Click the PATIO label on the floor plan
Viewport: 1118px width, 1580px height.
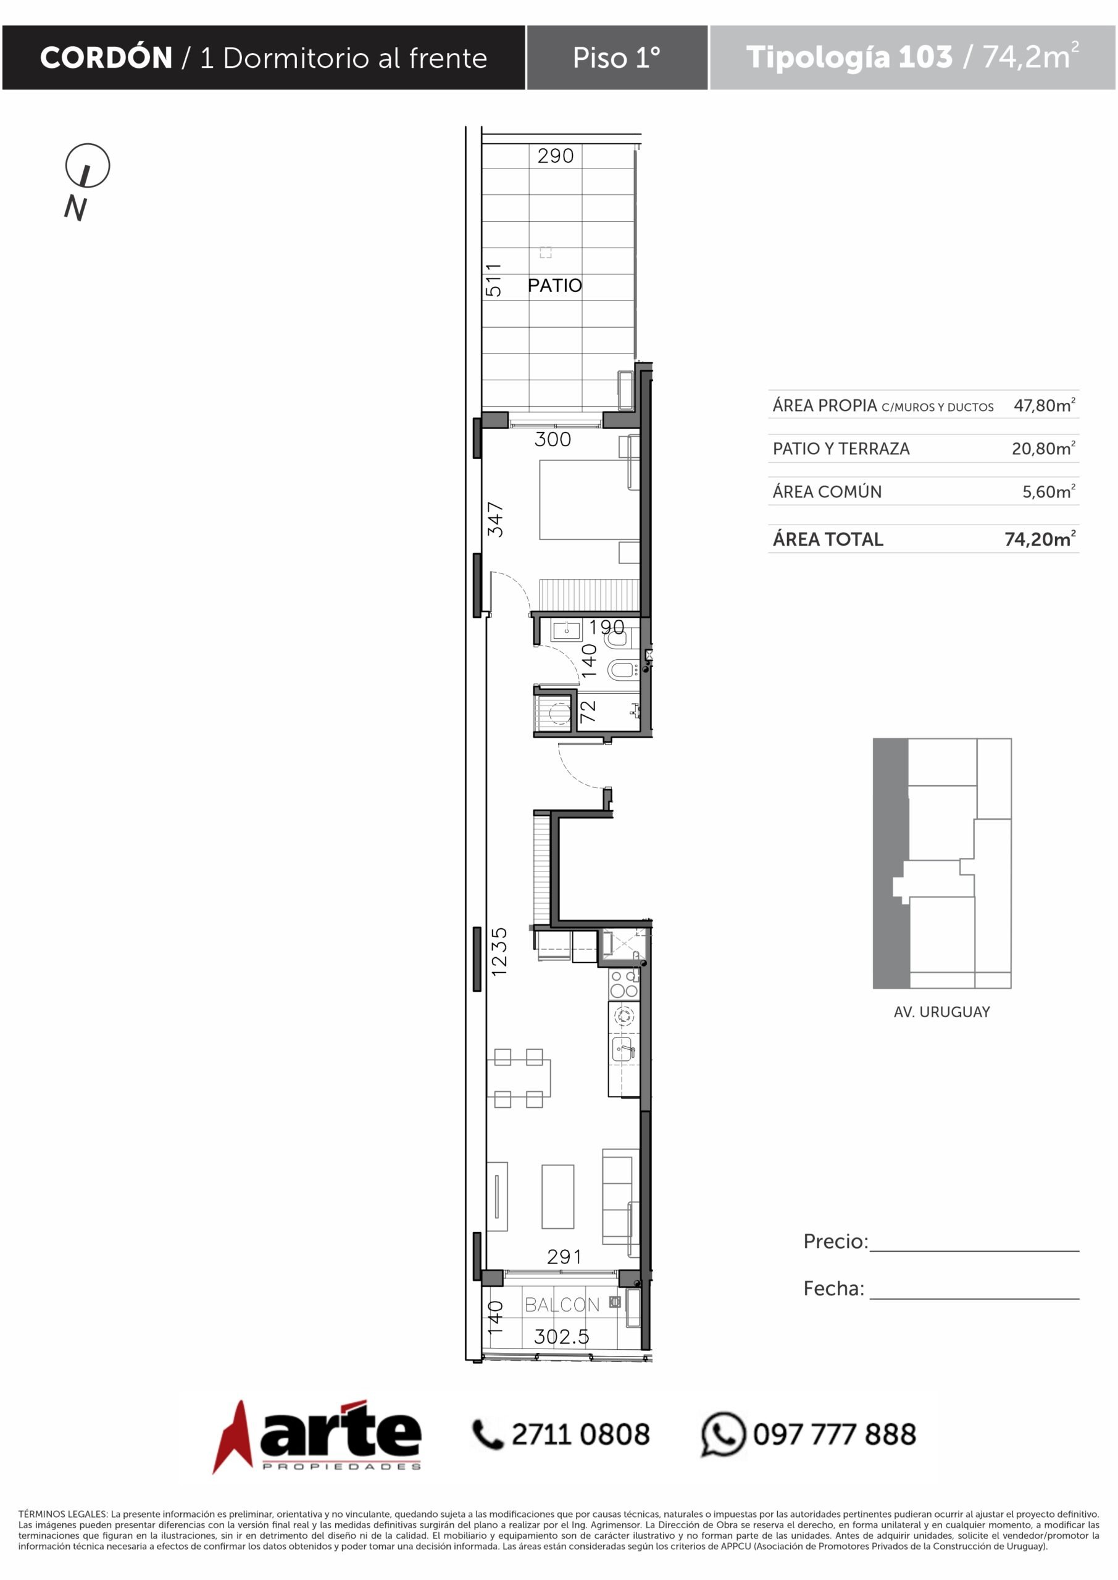pos(555,285)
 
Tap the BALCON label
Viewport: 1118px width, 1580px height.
pos(562,1305)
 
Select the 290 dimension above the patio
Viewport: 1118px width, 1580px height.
pos(556,156)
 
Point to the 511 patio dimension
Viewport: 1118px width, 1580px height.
pos(493,280)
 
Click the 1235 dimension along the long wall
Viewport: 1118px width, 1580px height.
pos(499,952)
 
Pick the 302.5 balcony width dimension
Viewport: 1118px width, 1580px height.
pos(562,1336)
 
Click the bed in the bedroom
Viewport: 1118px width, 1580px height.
pos(590,499)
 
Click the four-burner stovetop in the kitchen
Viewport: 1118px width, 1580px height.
pos(624,984)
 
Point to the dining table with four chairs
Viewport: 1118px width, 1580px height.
pos(519,1078)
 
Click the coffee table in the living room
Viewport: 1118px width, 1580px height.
pos(557,1196)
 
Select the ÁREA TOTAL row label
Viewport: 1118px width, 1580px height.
pos(828,539)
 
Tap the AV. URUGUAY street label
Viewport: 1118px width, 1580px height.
pos(942,1012)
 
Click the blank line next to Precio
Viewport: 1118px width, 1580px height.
pos(974,1251)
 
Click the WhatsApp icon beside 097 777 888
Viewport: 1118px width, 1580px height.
pos(723,1434)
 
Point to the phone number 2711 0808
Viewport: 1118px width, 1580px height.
pos(580,1435)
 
